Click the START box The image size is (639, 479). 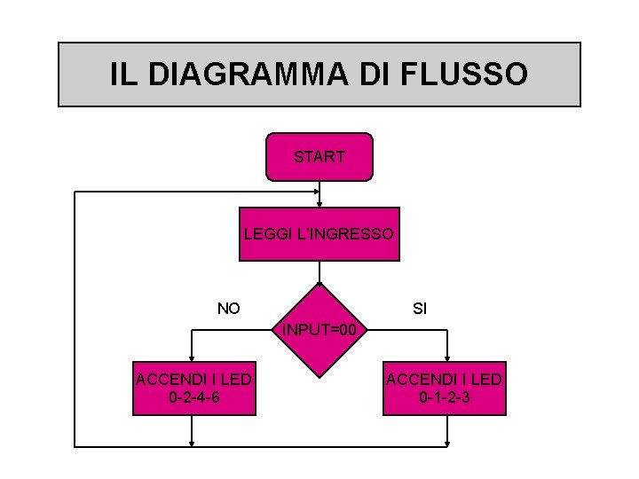point(319,157)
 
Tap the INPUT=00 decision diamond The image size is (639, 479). point(319,331)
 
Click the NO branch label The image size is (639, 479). point(229,309)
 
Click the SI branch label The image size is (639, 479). point(420,310)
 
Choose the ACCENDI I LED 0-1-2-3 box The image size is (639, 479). point(444,389)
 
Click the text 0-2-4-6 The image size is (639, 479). point(194,397)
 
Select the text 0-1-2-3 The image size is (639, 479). point(444,397)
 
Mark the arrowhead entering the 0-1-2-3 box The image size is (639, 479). point(448,358)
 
